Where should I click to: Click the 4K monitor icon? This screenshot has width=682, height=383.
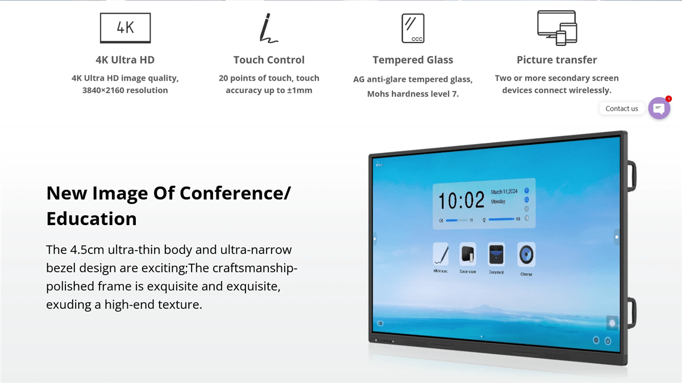click(x=125, y=28)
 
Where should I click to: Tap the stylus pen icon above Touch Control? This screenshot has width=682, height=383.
click(x=268, y=28)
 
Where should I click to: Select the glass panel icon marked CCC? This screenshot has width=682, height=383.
click(x=413, y=28)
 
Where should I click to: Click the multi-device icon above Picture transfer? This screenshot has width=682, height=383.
click(x=557, y=28)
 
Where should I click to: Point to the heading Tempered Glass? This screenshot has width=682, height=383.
click(x=413, y=60)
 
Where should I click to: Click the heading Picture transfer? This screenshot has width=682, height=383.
click(x=556, y=60)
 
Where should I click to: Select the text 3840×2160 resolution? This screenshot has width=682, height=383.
click(x=125, y=90)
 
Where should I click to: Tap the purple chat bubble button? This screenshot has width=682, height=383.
click(x=659, y=108)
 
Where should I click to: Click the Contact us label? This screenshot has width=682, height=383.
click(x=622, y=109)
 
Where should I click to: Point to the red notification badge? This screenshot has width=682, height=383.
click(x=668, y=99)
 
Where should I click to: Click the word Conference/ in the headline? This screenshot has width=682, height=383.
click(x=235, y=193)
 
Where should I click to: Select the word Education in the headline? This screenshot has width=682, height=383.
click(x=92, y=219)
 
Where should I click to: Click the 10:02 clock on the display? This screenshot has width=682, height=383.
click(x=460, y=201)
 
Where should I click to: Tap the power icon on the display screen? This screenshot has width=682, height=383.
click(x=608, y=341)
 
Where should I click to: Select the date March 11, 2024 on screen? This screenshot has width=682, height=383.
click(x=504, y=192)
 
